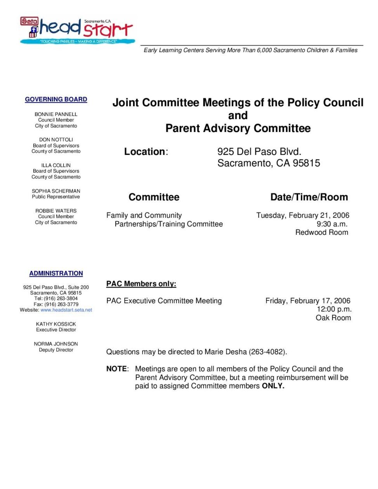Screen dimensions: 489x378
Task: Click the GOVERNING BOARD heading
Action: click(56, 99)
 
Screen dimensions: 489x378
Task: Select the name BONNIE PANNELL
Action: click(56, 114)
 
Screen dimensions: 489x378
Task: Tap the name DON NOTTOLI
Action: click(56, 140)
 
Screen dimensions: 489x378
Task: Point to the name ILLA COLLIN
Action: click(56, 165)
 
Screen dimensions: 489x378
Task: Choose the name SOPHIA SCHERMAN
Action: click(56, 191)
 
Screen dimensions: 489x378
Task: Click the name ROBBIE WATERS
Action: click(56, 211)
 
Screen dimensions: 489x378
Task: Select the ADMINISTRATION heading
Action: click(56, 273)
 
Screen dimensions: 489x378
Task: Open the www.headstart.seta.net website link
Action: click(66, 310)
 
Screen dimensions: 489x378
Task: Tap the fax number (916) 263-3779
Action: click(61, 304)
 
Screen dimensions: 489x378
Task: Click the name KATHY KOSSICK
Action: click(56, 324)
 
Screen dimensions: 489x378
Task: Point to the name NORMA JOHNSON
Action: click(56, 344)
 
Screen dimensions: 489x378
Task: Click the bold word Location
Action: click(144, 152)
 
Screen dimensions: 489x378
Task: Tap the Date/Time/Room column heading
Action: click(309, 197)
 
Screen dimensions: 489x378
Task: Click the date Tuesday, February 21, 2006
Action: click(303, 215)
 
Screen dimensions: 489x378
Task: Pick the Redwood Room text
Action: click(322, 232)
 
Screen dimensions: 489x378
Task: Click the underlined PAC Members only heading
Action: click(141, 284)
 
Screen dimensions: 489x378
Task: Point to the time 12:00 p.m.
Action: click(334, 309)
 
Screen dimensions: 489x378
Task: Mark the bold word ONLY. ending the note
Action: click(273, 386)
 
